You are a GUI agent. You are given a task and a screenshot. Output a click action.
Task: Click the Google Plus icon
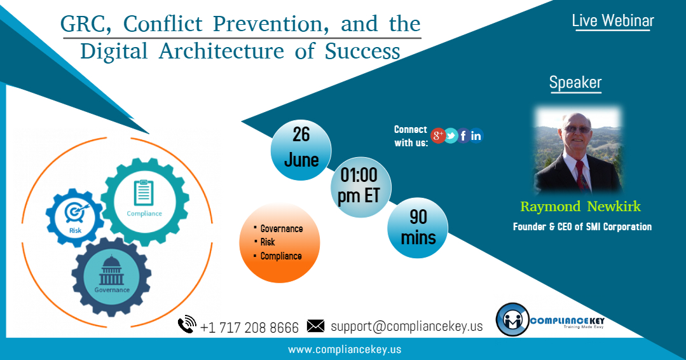(x=437, y=135)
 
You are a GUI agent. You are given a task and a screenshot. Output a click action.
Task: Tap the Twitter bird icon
(x=451, y=135)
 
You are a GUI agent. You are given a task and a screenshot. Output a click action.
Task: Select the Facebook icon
(x=463, y=135)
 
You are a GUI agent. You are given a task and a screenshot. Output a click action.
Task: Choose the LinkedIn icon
(x=476, y=135)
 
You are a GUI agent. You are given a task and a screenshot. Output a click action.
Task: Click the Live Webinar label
(x=612, y=20)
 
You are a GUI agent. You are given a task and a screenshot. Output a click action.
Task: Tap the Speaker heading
(x=575, y=83)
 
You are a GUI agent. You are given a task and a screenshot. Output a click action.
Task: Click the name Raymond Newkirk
(x=580, y=207)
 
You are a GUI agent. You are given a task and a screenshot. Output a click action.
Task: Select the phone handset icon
(x=187, y=325)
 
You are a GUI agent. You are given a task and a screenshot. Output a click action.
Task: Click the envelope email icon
(x=315, y=326)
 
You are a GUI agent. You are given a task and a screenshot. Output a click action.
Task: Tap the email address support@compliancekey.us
(x=406, y=326)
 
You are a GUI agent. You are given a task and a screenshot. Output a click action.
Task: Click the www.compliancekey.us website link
(x=345, y=349)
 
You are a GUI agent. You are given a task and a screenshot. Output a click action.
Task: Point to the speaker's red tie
(x=579, y=175)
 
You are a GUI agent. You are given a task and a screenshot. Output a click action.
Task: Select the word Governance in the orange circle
(x=282, y=229)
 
